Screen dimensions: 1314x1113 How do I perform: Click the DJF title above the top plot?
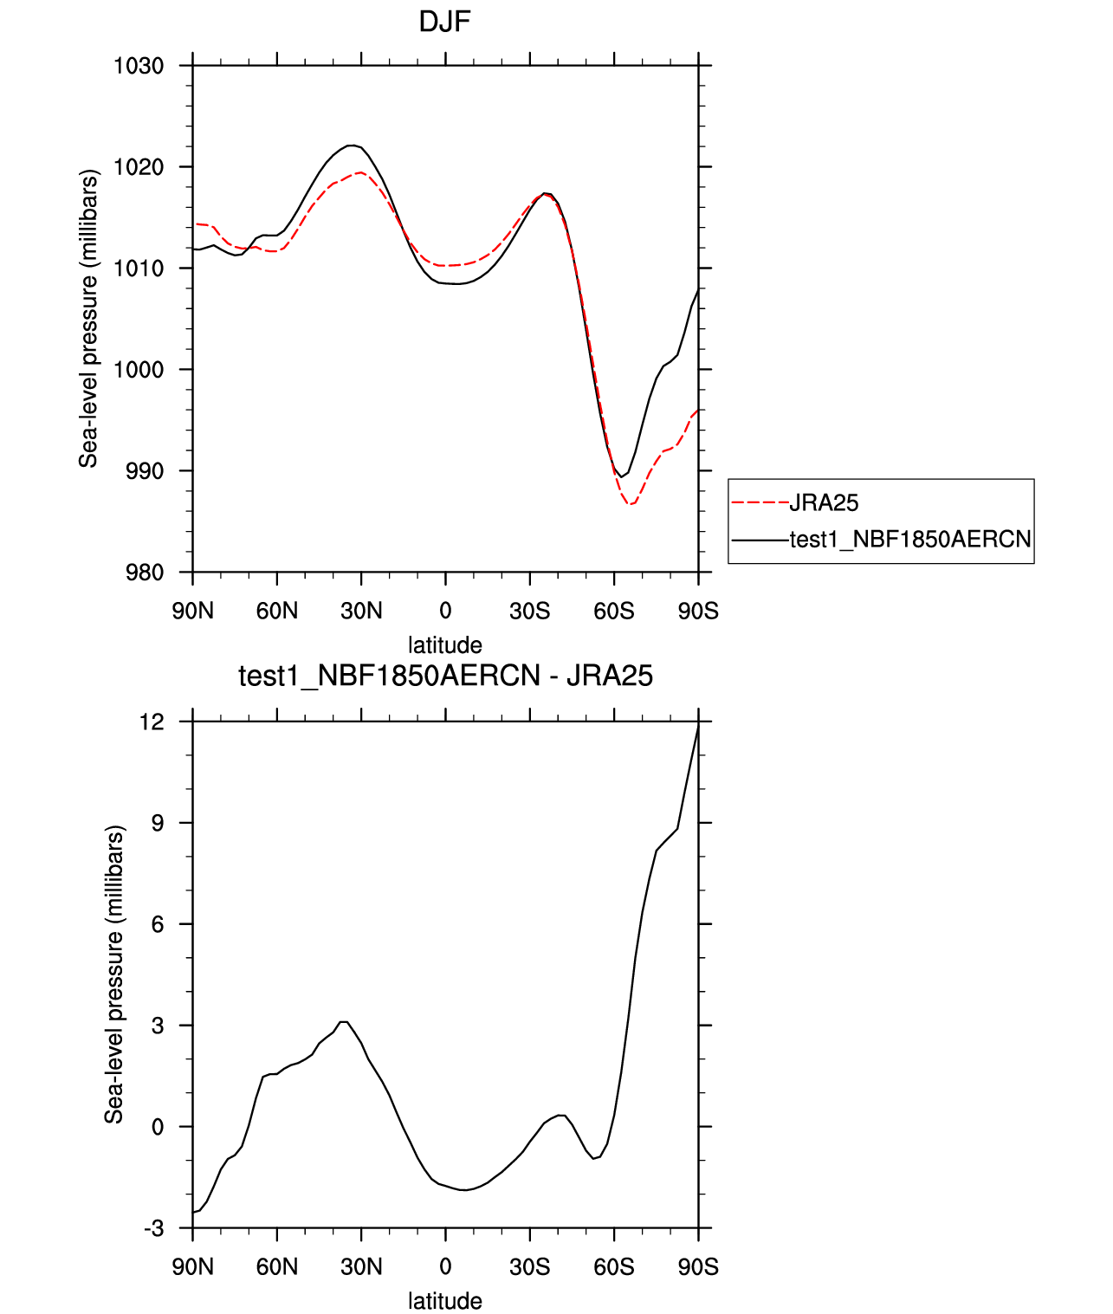pos(444,22)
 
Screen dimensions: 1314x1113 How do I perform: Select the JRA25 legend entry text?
pos(824,502)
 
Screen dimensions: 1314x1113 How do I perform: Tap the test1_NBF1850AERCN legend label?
pos(910,540)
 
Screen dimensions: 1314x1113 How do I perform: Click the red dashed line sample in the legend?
pos(760,502)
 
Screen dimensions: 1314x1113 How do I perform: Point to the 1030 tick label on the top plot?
pos(139,66)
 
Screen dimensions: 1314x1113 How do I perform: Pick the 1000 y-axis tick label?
pos(139,370)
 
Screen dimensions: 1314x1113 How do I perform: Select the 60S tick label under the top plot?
pos(614,612)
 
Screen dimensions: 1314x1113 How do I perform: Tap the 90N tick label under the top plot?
pos(192,612)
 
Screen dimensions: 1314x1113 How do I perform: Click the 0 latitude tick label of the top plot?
pos(445,612)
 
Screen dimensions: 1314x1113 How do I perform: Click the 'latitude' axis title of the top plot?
pos(445,645)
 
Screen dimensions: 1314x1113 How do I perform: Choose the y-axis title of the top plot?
pos(88,319)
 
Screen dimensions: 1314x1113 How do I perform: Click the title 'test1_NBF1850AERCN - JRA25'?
pos(445,676)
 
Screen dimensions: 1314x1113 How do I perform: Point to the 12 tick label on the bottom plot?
pos(152,722)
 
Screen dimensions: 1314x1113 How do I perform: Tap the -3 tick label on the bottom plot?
pos(153,1228)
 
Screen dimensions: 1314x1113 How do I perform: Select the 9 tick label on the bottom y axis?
pos(158,823)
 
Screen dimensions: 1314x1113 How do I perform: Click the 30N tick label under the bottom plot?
pos(361,1267)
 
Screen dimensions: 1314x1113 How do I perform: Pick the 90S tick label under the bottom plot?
pos(698,1267)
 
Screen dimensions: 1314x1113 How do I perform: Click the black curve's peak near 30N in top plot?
pos(351,146)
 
